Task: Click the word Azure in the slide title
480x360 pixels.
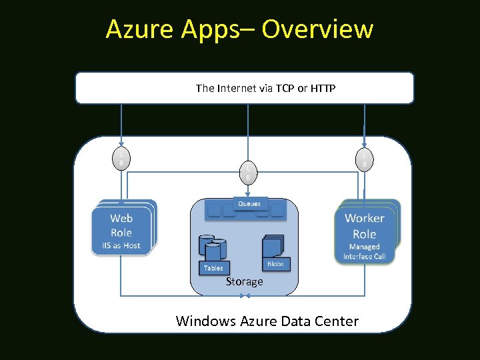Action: (136, 29)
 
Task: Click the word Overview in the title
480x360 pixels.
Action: (317, 29)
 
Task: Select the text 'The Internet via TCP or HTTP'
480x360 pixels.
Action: (265, 88)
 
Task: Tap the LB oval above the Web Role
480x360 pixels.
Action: (121, 158)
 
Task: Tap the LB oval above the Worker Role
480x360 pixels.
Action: (365, 158)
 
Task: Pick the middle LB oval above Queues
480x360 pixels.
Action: (248, 173)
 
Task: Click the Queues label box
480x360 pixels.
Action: (250, 203)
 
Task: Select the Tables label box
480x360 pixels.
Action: (213, 268)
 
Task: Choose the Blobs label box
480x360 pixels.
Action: (275, 264)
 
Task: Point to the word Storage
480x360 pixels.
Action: (244, 282)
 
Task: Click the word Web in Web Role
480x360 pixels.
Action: (121, 218)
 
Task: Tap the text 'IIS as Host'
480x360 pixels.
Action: (121, 246)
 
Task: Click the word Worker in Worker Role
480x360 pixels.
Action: (365, 218)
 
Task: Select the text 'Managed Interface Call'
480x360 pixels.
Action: (365, 252)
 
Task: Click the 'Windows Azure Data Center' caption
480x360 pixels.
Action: (267, 321)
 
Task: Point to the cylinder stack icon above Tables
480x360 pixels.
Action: (213, 247)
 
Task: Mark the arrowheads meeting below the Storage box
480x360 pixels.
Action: (244, 295)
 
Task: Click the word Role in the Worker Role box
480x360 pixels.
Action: (365, 233)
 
